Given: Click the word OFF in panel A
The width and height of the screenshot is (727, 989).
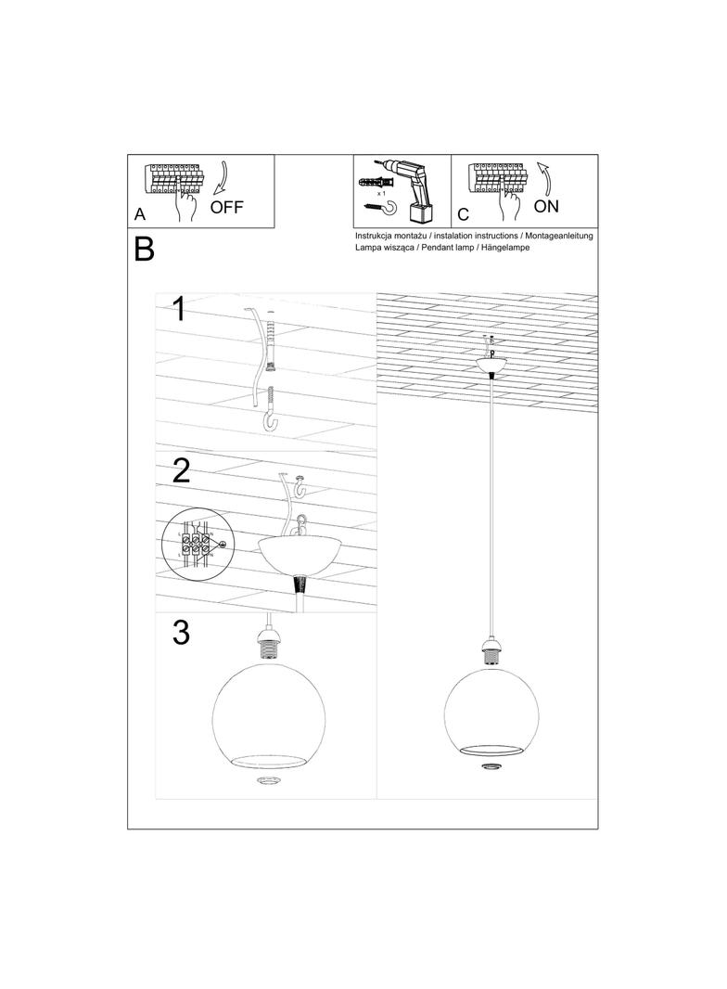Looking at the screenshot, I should point(226,207).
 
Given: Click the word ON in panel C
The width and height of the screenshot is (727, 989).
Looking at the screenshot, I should point(546,206).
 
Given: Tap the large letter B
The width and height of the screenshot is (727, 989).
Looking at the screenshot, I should point(144,250).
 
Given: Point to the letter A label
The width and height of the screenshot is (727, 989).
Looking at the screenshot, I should point(140,214).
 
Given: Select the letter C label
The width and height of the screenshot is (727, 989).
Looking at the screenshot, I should point(463,215).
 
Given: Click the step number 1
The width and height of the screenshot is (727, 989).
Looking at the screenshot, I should point(180,309).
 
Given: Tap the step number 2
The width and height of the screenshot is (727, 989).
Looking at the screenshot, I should point(181,471).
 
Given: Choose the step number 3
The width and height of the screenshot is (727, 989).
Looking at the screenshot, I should point(181,633).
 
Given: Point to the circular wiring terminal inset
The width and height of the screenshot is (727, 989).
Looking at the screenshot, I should point(195,546).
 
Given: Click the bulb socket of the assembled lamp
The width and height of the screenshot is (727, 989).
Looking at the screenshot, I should point(491,652).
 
